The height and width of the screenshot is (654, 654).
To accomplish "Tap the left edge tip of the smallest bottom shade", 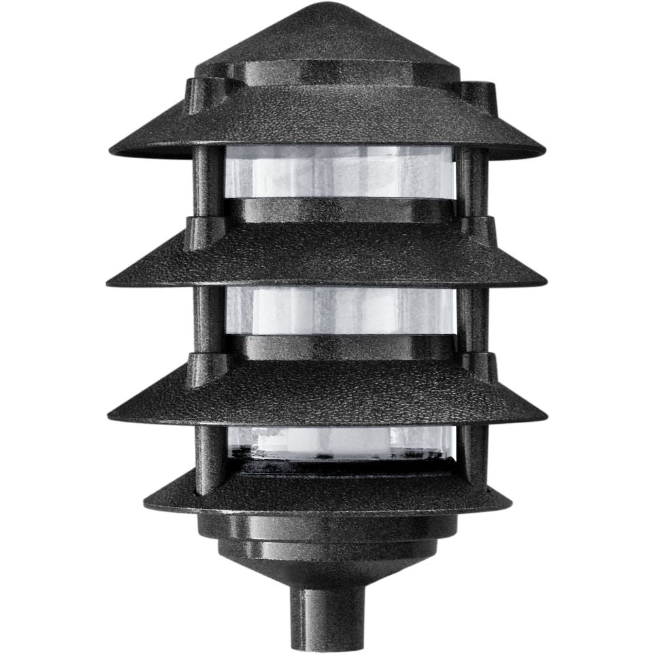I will point(145,504).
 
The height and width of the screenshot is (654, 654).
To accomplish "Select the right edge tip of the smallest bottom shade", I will point(510,504).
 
